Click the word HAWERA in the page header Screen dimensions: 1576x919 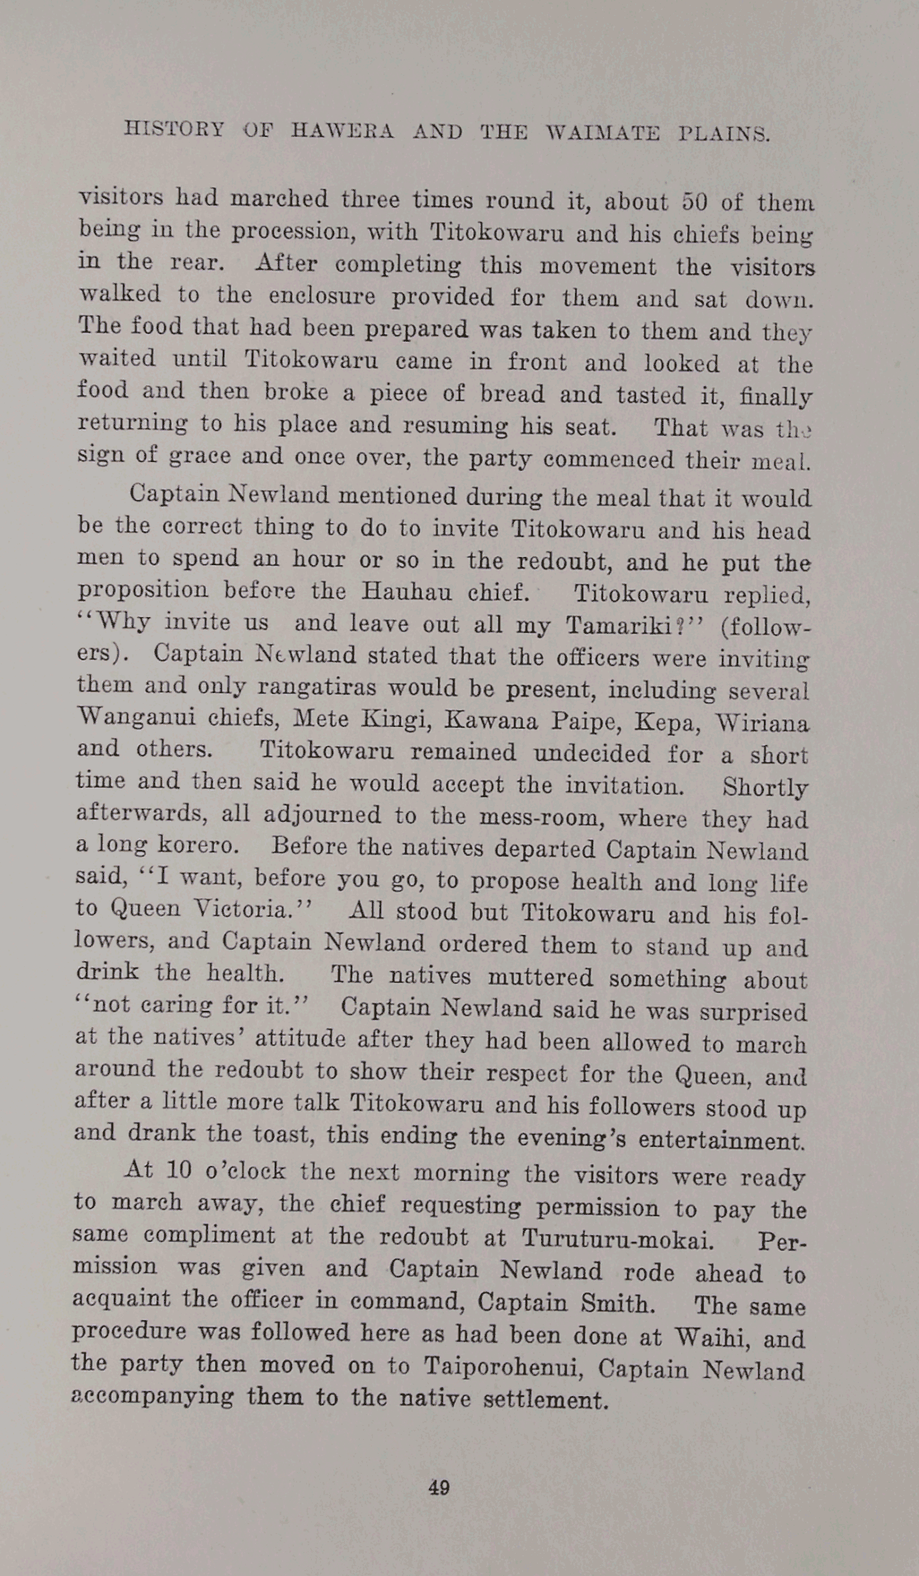click(x=342, y=131)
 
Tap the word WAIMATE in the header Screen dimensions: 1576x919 click(x=602, y=133)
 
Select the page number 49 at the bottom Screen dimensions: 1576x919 click(x=439, y=1488)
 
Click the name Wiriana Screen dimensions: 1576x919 click(x=761, y=723)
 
